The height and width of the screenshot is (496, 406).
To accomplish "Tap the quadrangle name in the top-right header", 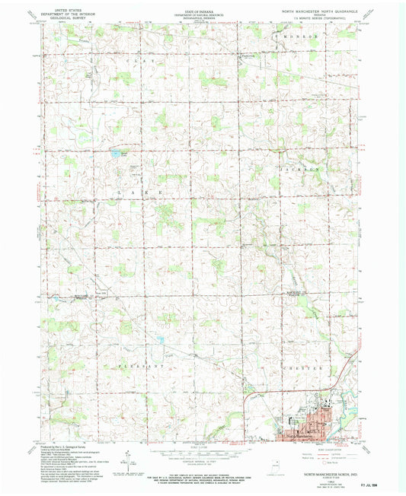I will pyautogui.click(x=320, y=11).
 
